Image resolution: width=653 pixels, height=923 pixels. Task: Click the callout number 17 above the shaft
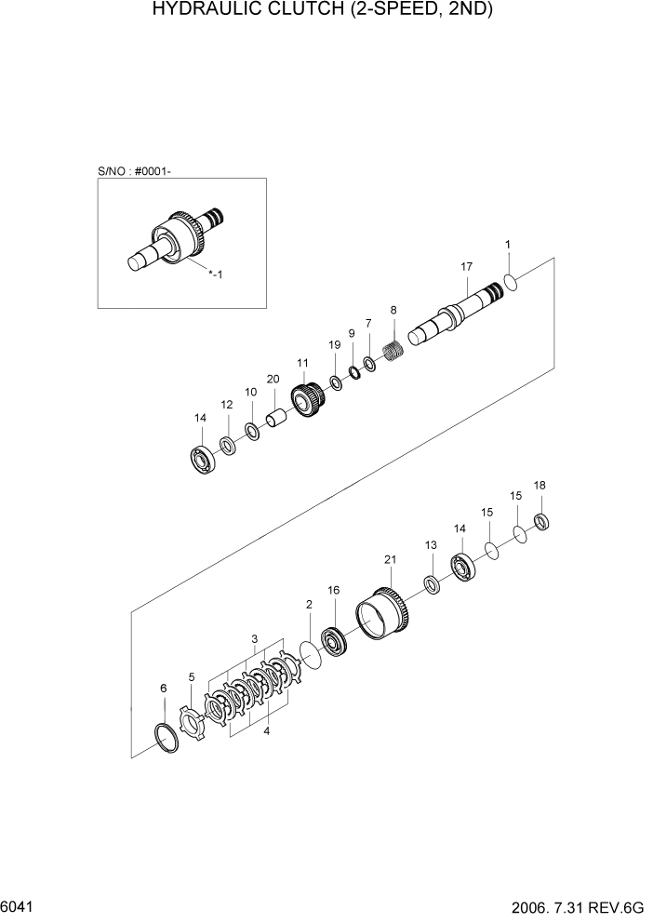click(467, 267)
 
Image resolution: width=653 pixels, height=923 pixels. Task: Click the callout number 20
click(273, 379)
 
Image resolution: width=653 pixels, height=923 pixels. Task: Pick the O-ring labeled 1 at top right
click(511, 281)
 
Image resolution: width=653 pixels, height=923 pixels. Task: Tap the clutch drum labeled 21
click(384, 615)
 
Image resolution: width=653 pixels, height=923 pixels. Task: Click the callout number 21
click(390, 559)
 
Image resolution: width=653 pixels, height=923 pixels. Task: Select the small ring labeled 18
click(540, 522)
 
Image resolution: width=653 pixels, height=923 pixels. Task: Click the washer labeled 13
click(432, 583)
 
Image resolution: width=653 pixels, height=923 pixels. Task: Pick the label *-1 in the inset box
click(215, 274)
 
